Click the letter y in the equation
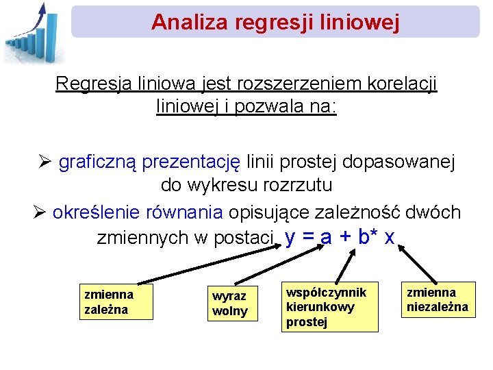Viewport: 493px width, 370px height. pos(290,238)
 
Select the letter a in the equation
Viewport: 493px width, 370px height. pos(326,238)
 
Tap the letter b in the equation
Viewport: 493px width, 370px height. pos(363,237)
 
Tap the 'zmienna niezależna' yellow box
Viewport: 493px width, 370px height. pos(438,299)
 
